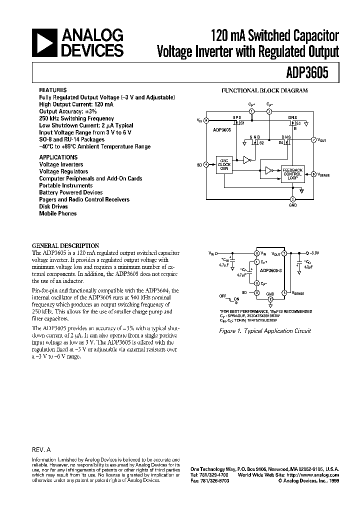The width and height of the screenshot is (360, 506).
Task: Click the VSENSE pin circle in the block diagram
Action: (313, 174)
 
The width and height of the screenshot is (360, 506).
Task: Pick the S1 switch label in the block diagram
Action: (242, 123)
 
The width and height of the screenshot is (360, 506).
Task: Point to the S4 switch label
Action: (280, 142)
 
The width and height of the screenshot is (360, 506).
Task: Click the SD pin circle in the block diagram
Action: (206, 164)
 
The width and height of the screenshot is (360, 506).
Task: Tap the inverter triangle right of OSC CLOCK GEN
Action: (246, 160)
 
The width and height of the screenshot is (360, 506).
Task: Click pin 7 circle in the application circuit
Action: (284, 254)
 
